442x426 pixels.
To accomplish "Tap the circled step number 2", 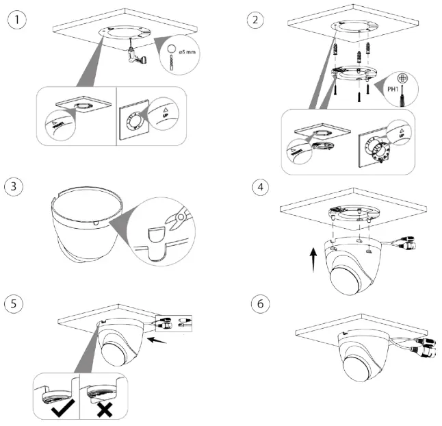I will coord(258,20).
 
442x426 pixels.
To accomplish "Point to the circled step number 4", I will coord(258,186).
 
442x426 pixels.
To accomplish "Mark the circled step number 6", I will coord(258,303).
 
